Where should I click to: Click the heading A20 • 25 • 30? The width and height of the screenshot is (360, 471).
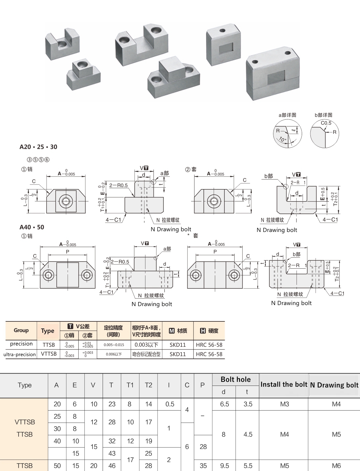[x=38, y=147]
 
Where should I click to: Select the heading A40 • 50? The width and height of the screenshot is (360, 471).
[x=32, y=227]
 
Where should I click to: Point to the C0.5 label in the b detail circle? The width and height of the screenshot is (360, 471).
[x=326, y=123]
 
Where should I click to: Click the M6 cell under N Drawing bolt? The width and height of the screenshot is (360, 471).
[x=336, y=466]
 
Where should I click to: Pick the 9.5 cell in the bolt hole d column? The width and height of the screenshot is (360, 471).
[x=224, y=466]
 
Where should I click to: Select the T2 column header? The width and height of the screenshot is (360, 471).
[x=148, y=385]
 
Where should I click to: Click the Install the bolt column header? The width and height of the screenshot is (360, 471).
[x=284, y=384]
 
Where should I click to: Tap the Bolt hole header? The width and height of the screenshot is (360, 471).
[x=235, y=379]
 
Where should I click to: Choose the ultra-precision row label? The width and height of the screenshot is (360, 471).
[x=19, y=354]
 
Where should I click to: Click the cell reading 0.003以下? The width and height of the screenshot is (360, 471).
[x=146, y=345]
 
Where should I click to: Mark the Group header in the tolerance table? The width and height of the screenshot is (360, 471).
[x=21, y=330]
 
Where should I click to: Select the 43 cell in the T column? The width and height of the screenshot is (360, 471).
[x=112, y=453]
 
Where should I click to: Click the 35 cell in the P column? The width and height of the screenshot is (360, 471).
[x=203, y=466]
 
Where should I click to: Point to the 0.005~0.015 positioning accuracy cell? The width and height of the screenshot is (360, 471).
[x=114, y=345]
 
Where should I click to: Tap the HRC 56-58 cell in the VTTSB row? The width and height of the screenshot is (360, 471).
[x=209, y=354]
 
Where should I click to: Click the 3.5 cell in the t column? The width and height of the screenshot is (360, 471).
[x=248, y=404]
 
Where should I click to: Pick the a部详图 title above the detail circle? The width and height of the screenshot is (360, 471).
[x=287, y=115]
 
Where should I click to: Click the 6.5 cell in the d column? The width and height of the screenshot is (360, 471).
[x=224, y=404]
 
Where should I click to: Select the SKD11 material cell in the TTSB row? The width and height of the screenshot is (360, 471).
[x=178, y=345]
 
